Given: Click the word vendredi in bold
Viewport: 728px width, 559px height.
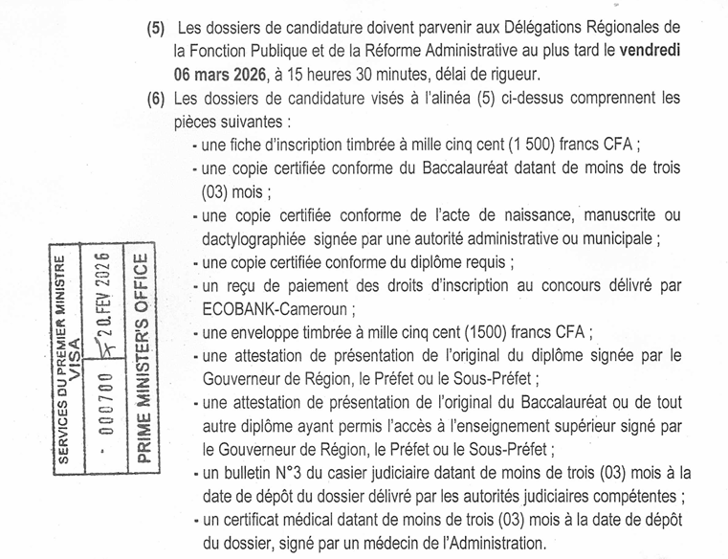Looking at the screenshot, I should click(644, 51).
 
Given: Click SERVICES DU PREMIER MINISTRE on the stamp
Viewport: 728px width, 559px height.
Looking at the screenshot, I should click(59, 360).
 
